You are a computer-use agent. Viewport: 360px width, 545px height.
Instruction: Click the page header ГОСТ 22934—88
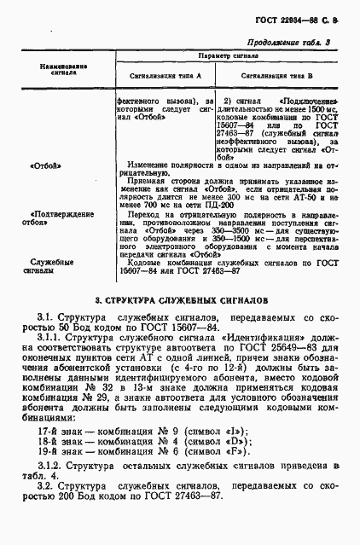click(290, 20)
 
